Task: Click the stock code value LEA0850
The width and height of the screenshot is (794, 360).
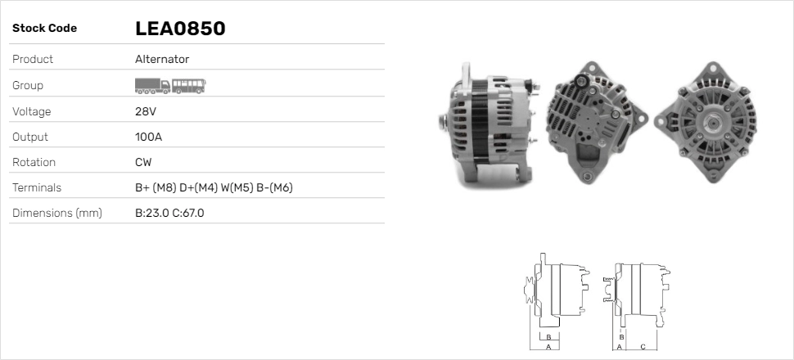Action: click(x=180, y=29)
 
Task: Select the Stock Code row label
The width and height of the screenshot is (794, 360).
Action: click(x=44, y=29)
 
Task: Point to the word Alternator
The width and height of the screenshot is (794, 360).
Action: click(x=162, y=59)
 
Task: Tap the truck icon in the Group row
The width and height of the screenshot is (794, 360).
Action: click(x=152, y=85)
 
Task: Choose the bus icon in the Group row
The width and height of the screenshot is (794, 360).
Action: click(x=189, y=85)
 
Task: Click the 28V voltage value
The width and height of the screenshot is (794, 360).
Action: click(x=145, y=111)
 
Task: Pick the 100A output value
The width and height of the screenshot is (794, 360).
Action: click(x=148, y=137)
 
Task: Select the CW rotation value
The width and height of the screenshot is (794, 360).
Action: click(x=143, y=162)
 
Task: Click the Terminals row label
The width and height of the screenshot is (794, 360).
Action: click(x=37, y=187)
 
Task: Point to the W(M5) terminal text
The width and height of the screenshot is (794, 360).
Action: click(x=237, y=187)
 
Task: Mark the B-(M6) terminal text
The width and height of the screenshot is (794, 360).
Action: click(x=274, y=187)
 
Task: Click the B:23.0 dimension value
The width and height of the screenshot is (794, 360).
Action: click(x=151, y=213)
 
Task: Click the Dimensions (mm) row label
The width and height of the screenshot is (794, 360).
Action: click(x=57, y=213)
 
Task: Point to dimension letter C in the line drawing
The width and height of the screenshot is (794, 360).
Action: click(x=643, y=346)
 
